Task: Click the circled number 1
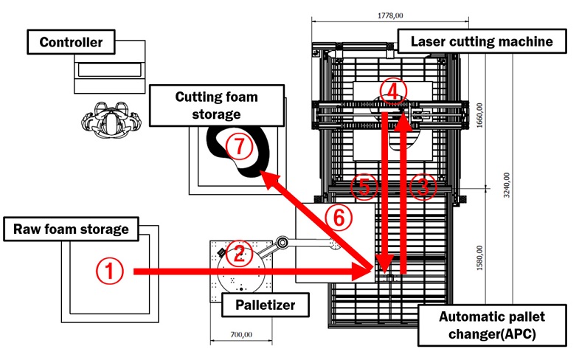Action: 109,272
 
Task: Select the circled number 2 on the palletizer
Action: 238,254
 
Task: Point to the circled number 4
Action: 393,91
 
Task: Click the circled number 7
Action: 239,147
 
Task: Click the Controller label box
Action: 71,42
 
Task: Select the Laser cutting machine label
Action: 482,41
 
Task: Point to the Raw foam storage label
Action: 71,229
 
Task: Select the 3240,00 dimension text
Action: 507,183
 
